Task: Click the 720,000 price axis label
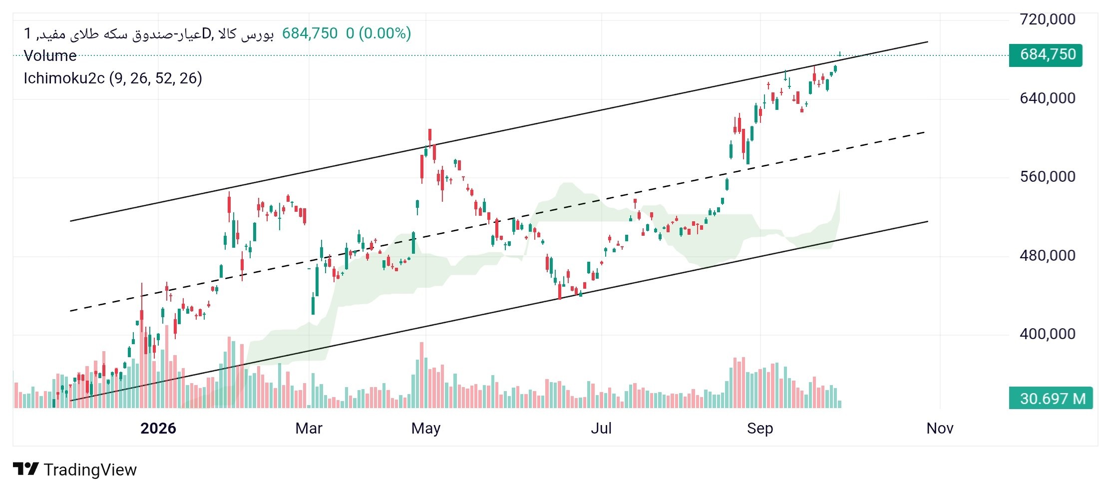pyautogui.click(x=1047, y=19)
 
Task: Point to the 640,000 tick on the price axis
pyautogui.click(x=1047, y=98)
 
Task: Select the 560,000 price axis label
pyautogui.click(x=1047, y=176)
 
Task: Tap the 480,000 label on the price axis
pyautogui.click(x=1047, y=255)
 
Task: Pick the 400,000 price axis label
pyautogui.click(x=1047, y=334)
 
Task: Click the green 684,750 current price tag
pyautogui.click(x=1046, y=55)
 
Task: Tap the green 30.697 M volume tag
pyautogui.click(x=1051, y=398)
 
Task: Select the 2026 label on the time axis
pyautogui.click(x=158, y=428)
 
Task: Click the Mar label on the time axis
pyautogui.click(x=309, y=428)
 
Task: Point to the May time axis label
pyautogui.click(x=426, y=428)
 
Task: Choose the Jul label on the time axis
pyautogui.click(x=601, y=428)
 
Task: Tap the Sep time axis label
pyautogui.click(x=760, y=428)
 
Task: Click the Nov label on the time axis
pyautogui.click(x=940, y=428)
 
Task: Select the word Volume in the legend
pyautogui.click(x=50, y=55)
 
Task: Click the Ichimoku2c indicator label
pyautogui.click(x=64, y=78)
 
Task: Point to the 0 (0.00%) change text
pyautogui.click(x=378, y=33)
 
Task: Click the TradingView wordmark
pyautogui.click(x=90, y=470)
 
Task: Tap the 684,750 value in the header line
pyautogui.click(x=310, y=33)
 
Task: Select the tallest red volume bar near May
pyautogui.click(x=421, y=375)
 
